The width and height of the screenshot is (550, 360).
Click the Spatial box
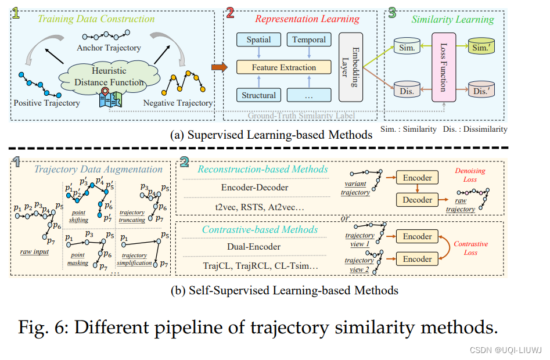258,40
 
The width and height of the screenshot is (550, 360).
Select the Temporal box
309,40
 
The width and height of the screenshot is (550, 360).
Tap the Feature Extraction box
283,67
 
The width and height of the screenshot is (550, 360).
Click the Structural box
258,95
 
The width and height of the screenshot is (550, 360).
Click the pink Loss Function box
443,67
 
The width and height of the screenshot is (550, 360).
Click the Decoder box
417,200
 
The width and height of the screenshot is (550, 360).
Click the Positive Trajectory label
46,103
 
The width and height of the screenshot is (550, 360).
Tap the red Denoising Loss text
470,175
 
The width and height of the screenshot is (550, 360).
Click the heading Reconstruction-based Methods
263,169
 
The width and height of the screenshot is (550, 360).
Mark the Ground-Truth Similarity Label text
301,115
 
